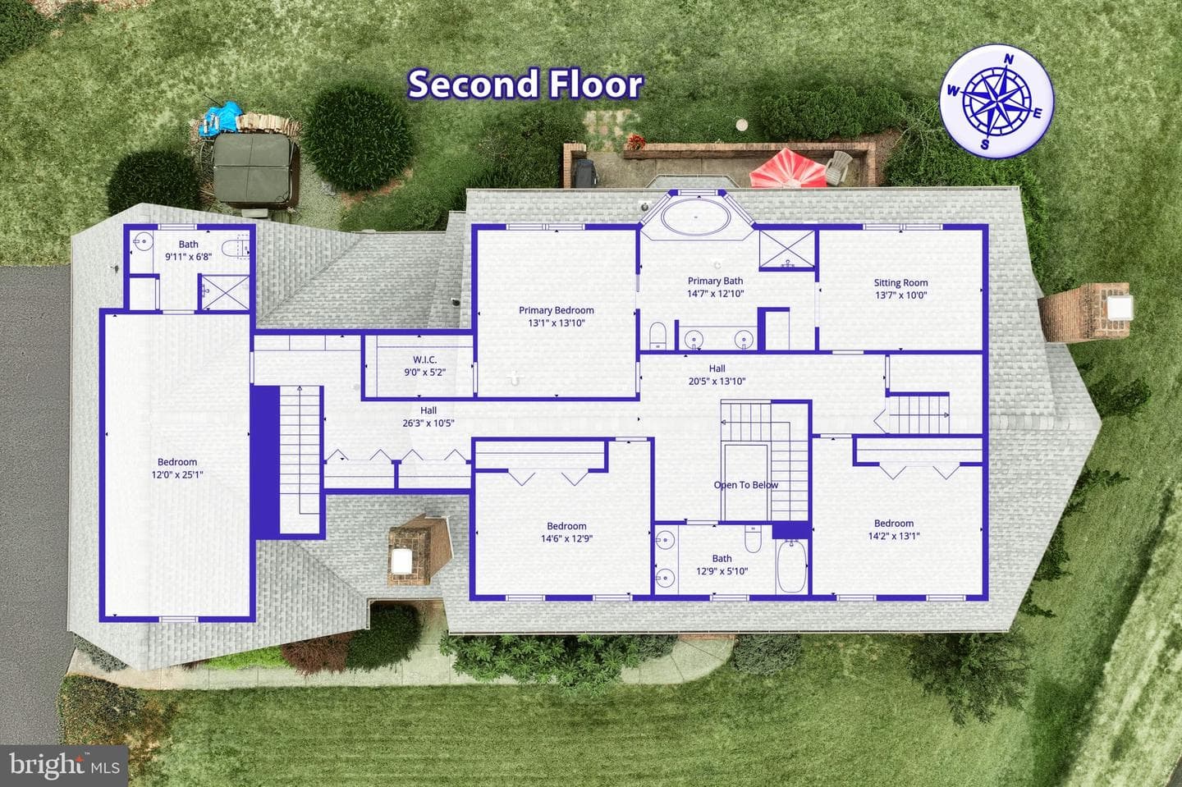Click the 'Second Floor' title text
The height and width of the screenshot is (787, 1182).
pyautogui.click(x=525, y=85)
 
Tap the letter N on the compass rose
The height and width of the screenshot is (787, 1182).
pyautogui.click(x=1009, y=60)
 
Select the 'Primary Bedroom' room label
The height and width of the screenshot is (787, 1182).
pyautogui.click(x=557, y=310)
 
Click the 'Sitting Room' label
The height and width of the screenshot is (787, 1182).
pyautogui.click(x=900, y=282)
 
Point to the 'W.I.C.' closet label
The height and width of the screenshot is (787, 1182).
pyautogui.click(x=425, y=359)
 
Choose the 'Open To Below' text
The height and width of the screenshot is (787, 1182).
pyautogui.click(x=745, y=485)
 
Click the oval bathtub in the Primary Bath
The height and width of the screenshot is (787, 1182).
pyautogui.click(x=695, y=217)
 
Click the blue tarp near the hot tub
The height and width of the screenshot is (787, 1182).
pyautogui.click(x=222, y=117)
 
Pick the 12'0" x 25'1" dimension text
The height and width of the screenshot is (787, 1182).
pyautogui.click(x=177, y=474)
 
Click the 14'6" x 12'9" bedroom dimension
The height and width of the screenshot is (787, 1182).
pyautogui.click(x=566, y=538)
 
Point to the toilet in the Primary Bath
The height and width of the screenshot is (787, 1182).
pyautogui.click(x=657, y=336)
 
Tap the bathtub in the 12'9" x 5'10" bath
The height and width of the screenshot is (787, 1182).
pyautogui.click(x=791, y=566)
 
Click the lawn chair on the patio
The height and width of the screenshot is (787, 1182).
pyautogui.click(x=837, y=167)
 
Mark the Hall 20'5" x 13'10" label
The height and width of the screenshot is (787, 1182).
pyautogui.click(x=717, y=374)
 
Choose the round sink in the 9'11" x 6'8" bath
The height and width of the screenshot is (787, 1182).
pyautogui.click(x=142, y=242)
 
